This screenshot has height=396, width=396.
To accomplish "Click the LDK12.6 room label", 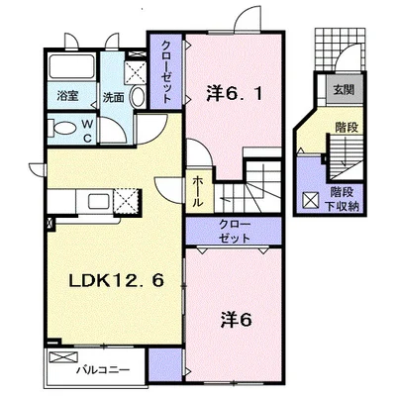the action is click(x=117, y=281).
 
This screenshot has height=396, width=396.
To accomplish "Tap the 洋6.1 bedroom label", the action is click(x=235, y=94).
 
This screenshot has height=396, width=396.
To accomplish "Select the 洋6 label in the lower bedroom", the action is click(x=237, y=320).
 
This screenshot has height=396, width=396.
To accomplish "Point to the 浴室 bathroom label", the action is click(x=67, y=96).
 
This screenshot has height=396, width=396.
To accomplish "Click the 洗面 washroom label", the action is click(x=113, y=97).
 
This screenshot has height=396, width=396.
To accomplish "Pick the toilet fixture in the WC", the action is click(x=62, y=129).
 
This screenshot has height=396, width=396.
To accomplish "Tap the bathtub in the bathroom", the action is click(x=72, y=66).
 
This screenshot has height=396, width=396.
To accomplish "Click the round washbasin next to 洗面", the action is click(x=138, y=96).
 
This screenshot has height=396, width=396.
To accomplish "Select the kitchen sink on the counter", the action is click(x=99, y=201).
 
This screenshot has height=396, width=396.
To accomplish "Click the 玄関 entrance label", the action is click(x=344, y=89).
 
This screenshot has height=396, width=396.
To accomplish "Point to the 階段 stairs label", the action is click(x=346, y=128).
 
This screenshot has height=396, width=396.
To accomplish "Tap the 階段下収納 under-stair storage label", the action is click(x=343, y=199).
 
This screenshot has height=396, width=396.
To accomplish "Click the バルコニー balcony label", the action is click(x=103, y=370).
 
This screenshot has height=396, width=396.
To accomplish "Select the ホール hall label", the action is click(x=197, y=191).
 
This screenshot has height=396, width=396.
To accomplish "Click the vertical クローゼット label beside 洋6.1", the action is click(x=167, y=72).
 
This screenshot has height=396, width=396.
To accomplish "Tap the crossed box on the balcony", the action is click(x=63, y=357).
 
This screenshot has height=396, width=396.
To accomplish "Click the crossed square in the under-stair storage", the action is click(x=311, y=200).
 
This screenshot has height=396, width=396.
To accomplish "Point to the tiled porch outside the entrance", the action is click(x=341, y=49).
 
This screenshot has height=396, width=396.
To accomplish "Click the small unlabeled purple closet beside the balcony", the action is click(x=164, y=363).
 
